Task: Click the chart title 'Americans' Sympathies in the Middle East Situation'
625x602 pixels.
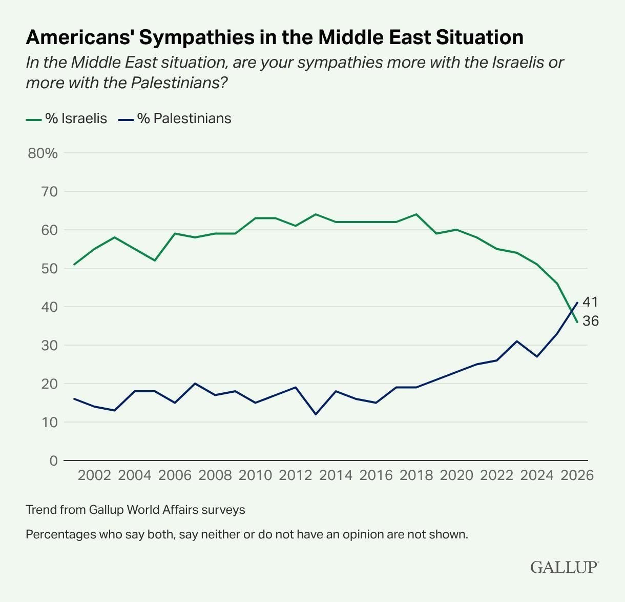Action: (275, 37)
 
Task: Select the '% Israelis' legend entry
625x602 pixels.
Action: (67, 118)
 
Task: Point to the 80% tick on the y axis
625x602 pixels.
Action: (43, 153)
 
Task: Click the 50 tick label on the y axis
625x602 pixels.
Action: (50, 268)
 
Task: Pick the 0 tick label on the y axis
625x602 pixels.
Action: (53, 460)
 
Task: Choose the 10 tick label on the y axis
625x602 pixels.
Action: (50, 422)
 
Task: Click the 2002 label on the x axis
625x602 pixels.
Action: (94, 475)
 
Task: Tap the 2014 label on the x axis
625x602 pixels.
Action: (336, 475)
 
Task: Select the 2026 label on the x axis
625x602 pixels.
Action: (577, 475)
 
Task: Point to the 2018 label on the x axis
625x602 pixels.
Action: (416, 475)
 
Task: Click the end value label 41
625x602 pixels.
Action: (590, 302)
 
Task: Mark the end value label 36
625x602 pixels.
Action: (590, 321)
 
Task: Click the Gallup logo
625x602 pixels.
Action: (564, 567)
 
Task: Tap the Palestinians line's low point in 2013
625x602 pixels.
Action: (316, 414)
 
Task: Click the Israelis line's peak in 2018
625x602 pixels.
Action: (416, 214)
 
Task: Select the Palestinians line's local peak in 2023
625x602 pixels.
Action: (517, 341)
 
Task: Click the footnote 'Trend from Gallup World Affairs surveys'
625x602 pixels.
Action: (135, 510)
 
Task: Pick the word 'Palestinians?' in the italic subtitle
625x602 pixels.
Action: (179, 83)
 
